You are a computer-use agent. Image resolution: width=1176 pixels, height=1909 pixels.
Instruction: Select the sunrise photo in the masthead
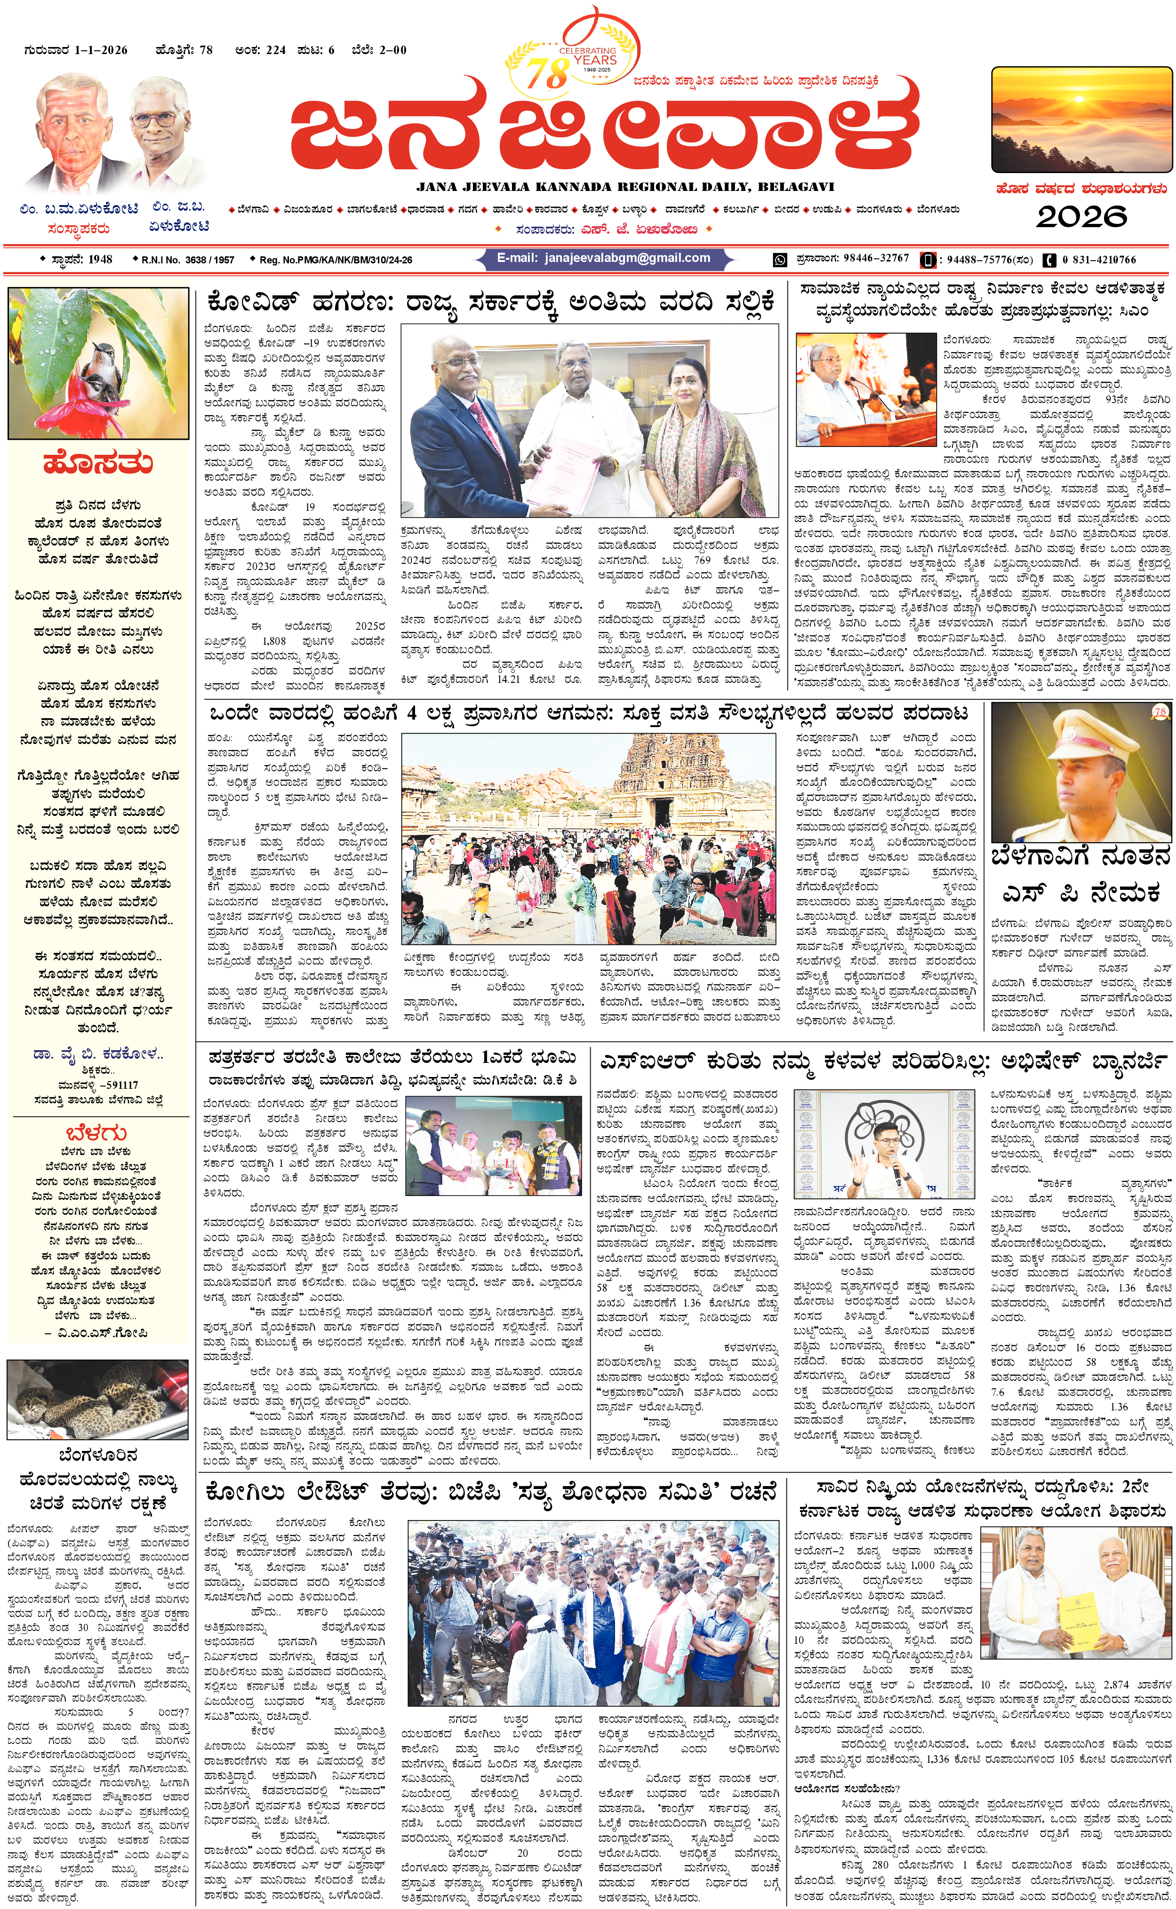coord(1081,120)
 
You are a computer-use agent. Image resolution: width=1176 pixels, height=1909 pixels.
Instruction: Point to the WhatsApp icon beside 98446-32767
coord(779,260)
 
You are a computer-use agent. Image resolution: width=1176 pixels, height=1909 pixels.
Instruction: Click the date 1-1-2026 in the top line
coord(101,50)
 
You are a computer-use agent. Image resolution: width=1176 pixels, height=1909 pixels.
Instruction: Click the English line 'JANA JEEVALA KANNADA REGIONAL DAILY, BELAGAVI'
coord(624,187)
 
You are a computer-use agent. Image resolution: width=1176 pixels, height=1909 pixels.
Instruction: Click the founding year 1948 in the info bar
coord(100,260)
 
